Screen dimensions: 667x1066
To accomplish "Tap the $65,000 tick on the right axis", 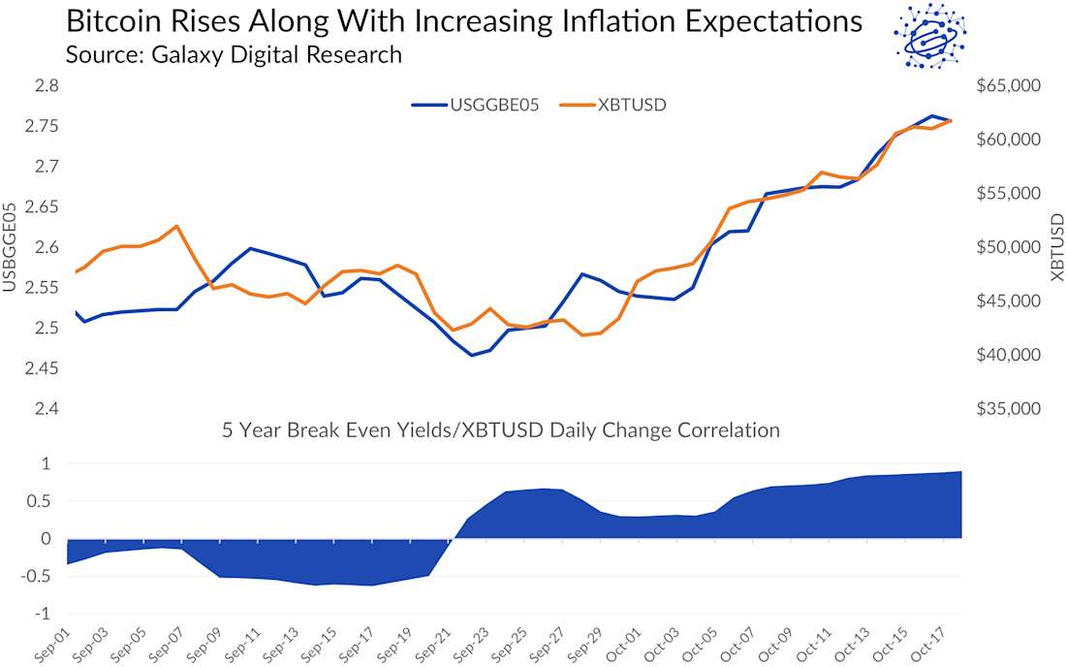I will pos(1007,86).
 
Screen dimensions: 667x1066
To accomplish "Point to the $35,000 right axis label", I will pos(1007,409).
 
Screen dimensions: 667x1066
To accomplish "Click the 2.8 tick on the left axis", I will pos(46,86).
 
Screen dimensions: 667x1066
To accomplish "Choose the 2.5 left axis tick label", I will pos(46,329).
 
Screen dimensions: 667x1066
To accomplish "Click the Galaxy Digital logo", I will pos(929,36).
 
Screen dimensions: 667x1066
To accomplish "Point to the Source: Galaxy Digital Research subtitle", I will pos(233,54).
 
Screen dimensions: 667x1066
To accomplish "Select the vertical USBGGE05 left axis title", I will pos(11,247).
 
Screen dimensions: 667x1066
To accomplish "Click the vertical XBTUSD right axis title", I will pos(1056,247).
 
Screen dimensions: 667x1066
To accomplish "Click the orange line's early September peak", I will pos(176,226).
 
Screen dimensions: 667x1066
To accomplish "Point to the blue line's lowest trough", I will pos(472,355).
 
